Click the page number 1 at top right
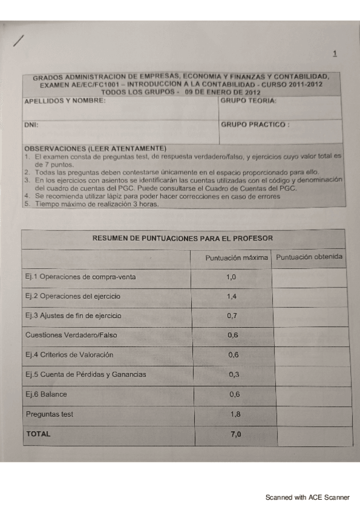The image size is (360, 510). click(335, 54)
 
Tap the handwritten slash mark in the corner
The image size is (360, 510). click(19, 40)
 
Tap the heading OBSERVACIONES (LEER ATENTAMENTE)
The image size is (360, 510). click(95, 148)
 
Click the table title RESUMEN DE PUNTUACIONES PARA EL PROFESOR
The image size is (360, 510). click(182, 238)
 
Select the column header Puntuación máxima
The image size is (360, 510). click(236, 257)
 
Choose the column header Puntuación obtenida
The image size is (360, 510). click(309, 257)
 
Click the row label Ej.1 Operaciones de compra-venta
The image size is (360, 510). click(81, 277)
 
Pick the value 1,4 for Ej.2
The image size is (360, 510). click(233, 297)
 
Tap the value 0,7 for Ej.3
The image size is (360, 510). click(233, 316)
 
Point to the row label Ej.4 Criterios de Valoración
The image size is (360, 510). click(69, 355)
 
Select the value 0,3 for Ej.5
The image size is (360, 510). click(234, 374)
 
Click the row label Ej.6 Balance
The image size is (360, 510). click(46, 395)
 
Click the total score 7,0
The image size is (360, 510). click(236, 434)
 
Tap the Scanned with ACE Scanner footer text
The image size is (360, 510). click(308, 497)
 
